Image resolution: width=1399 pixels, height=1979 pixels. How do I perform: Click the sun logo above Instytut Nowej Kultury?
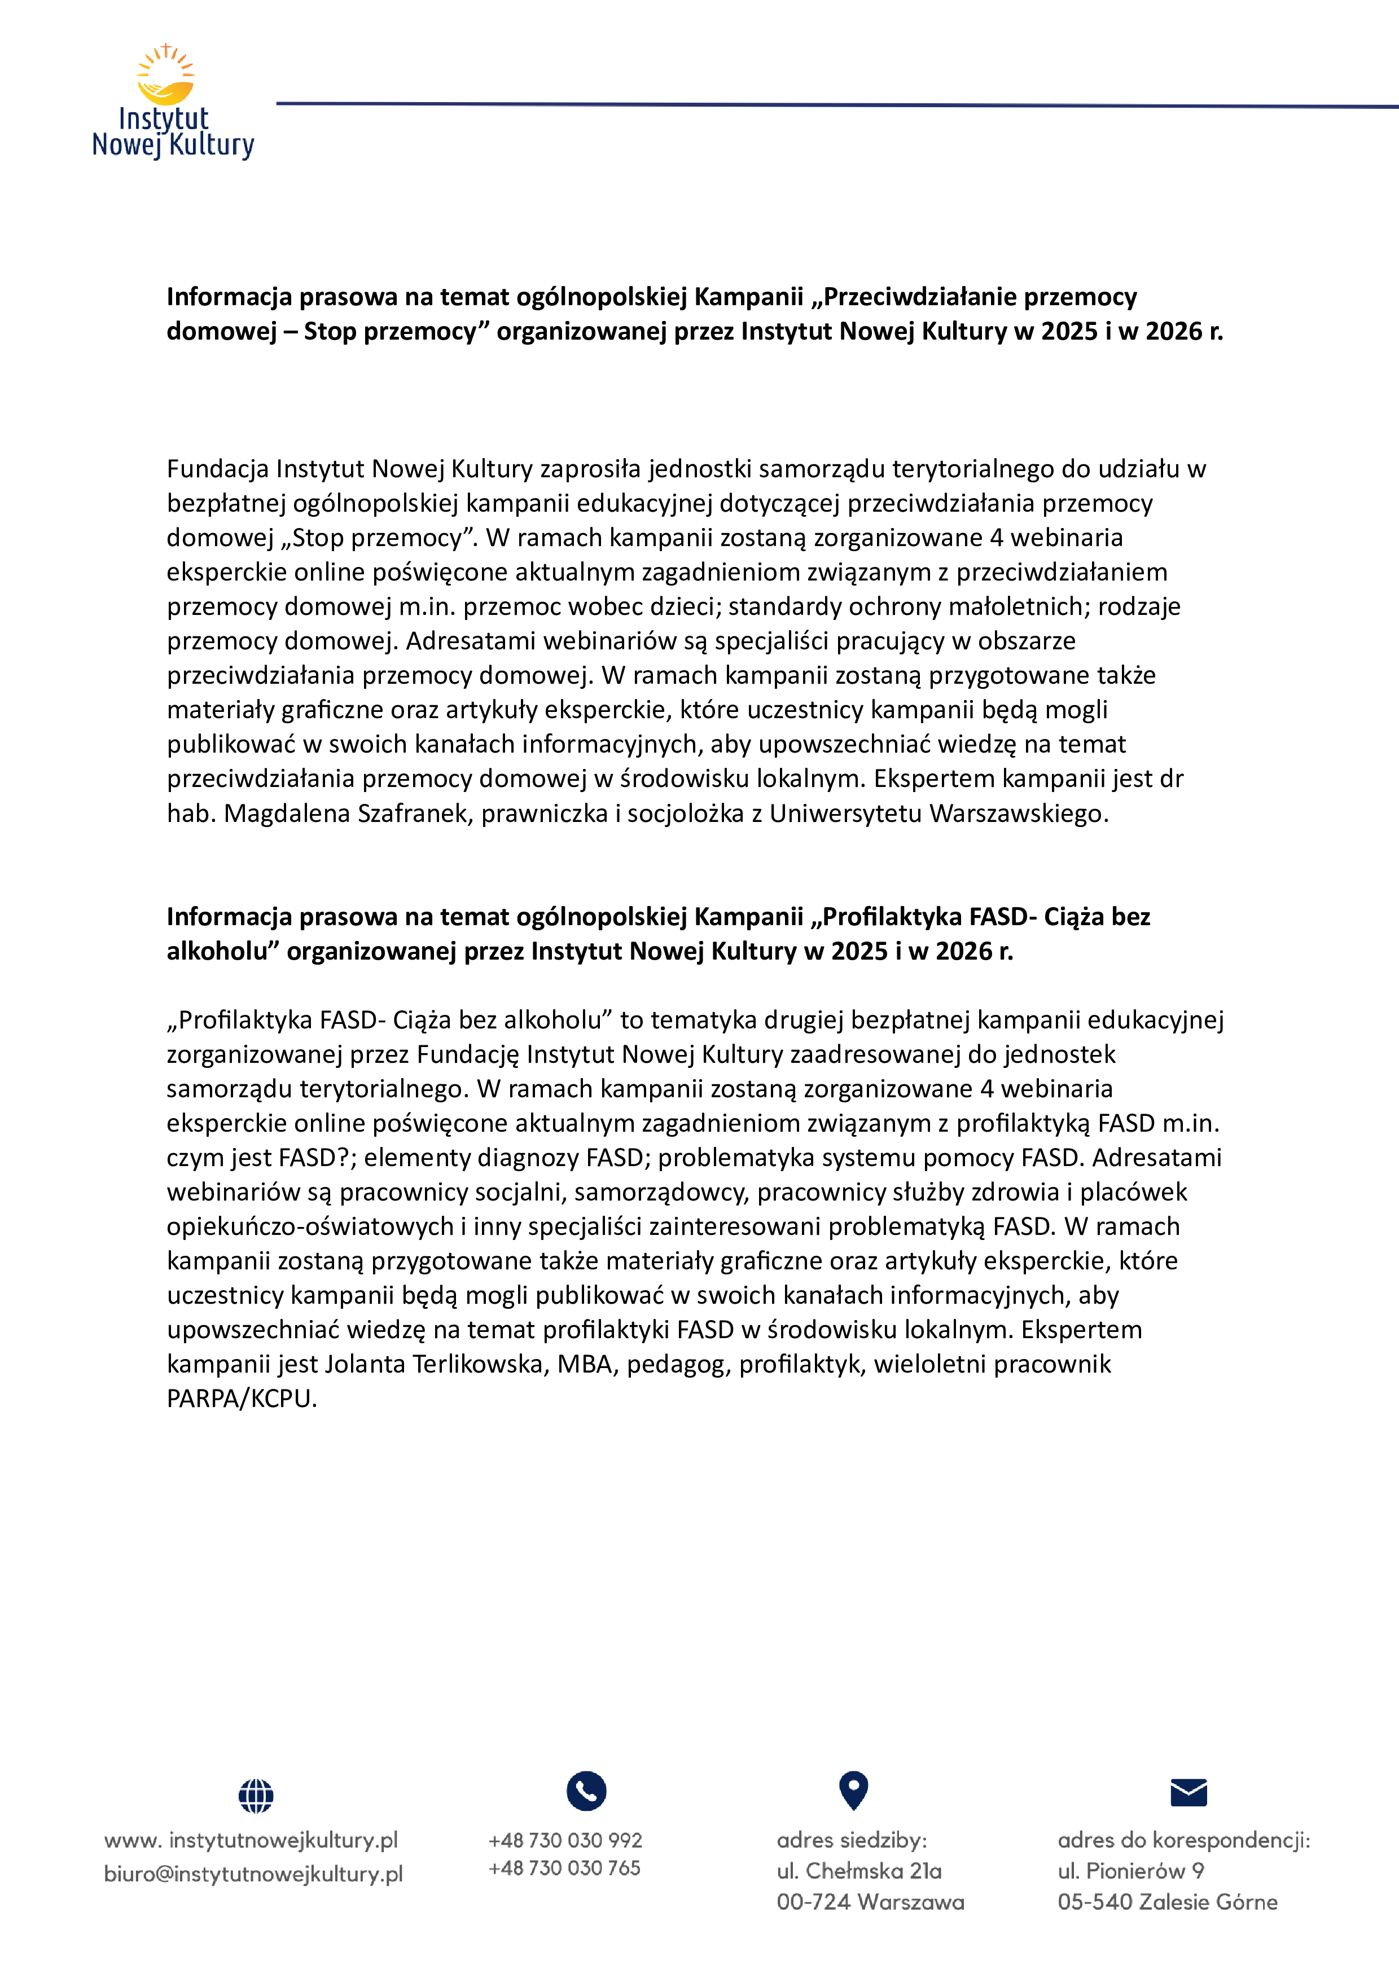point(165,76)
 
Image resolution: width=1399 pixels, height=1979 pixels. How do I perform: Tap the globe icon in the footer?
point(256,1796)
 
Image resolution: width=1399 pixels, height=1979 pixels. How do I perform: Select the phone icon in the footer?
point(586,1791)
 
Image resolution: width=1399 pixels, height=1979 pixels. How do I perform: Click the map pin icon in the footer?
point(853,1791)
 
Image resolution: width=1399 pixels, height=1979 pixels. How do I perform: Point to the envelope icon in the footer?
point(1189,1793)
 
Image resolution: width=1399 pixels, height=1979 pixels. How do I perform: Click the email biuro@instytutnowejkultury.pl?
point(253,1874)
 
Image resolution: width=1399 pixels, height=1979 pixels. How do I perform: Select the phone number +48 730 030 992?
point(565,1840)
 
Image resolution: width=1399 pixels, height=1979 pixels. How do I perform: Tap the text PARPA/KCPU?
point(242,1398)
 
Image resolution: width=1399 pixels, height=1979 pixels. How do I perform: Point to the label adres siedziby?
point(852,1840)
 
